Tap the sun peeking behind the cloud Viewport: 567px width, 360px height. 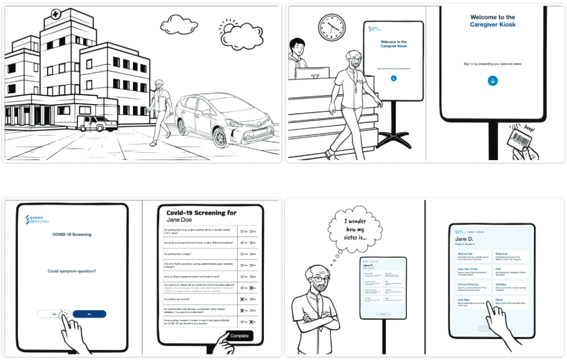[x=228, y=26]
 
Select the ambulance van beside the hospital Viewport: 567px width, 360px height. [x=97, y=123]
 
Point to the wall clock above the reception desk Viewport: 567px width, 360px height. [x=331, y=26]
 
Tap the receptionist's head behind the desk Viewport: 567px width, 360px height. [x=298, y=45]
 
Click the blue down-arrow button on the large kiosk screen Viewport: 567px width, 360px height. [x=493, y=81]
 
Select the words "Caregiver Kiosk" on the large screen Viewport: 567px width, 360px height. [x=493, y=24]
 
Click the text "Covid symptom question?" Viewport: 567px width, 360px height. [x=72, y=271]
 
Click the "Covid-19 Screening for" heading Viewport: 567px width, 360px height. [x=201, y=213]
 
